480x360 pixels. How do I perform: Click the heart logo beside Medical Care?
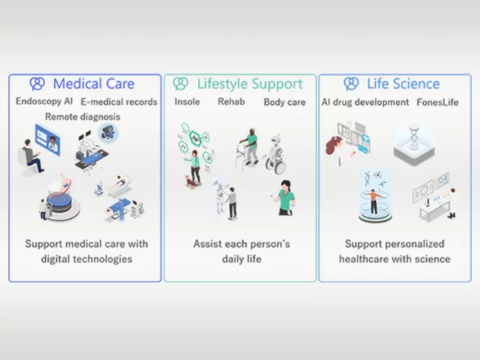pyautogui.click(x=37, y=84)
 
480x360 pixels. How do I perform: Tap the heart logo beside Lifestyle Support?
pyautogui.click(x=180, y=84)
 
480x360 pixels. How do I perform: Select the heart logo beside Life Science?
pyautogui.click(x=352, y=84)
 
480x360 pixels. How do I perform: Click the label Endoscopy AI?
pyautogui.click(x=44, y=102)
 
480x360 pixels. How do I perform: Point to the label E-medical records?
pyautogui.click(x=118, y=102)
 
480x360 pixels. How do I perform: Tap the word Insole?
pyautogui.click(x=187, y=102)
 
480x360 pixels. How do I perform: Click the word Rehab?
pyautogui.click(x=231, y=102)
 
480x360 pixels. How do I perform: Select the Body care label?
pyautogui.click(x=284, y=102)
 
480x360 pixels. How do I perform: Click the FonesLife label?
pyautogui.click(x=437, y=102)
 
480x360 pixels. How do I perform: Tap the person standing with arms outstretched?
pyautogui.click(x=375, y=200)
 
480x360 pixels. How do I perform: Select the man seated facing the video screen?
pyautogui.click(x=30, y=155)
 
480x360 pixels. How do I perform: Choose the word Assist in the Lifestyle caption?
pyautogui.click(x=208, y=243)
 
